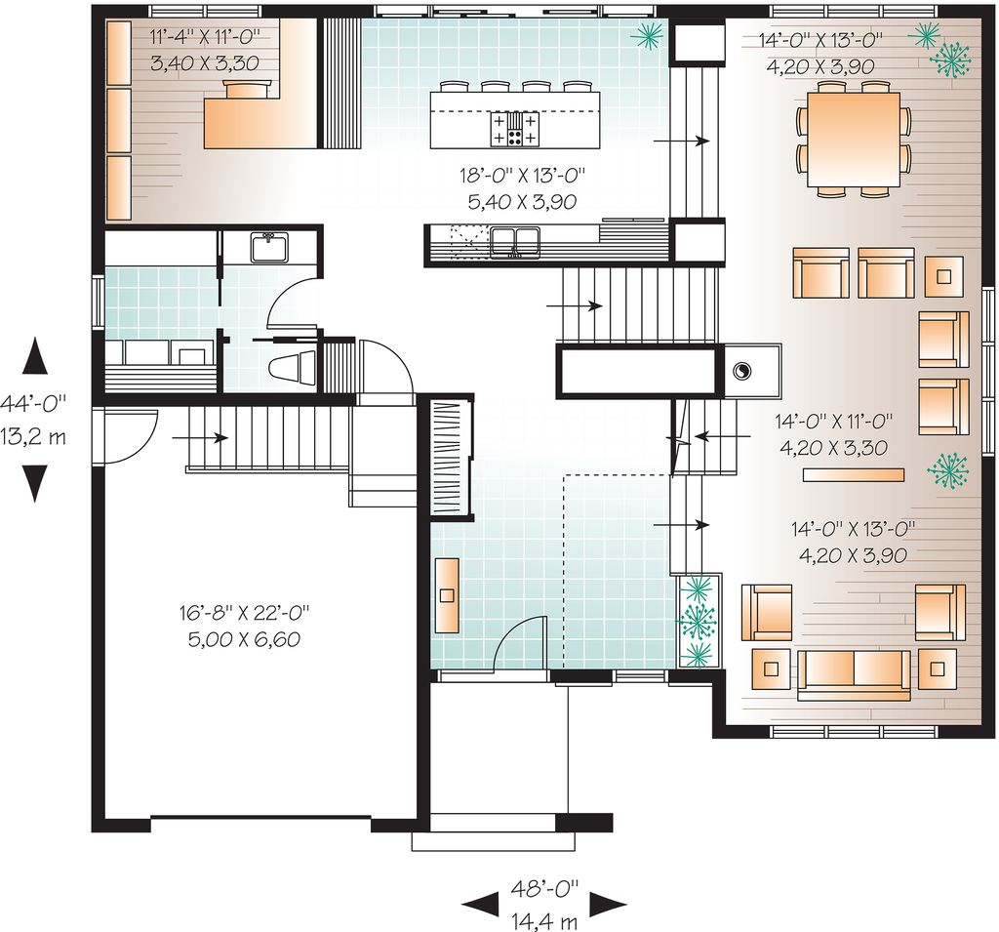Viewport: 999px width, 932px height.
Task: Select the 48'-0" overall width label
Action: point(544,886)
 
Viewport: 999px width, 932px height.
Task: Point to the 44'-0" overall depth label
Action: point(33,403)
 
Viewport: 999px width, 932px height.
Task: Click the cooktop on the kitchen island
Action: point(515,130)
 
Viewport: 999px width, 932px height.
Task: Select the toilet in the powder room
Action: point(292,368)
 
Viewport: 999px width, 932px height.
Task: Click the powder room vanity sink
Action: point(269,247)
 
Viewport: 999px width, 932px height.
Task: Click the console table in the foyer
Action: point(447,594)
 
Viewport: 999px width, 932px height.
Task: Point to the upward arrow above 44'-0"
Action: point(35,355)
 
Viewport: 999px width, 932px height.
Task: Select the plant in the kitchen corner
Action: point(648,35)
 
